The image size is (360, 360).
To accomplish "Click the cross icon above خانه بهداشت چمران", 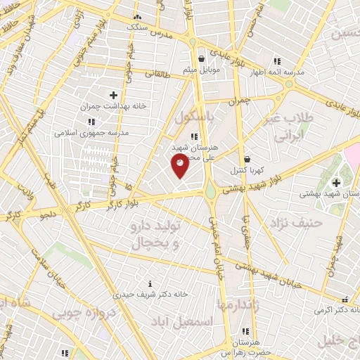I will [x=113, y=94].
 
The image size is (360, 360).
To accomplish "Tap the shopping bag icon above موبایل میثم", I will [x=202, y=59].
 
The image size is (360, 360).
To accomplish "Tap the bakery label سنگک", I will [x=136, y=27].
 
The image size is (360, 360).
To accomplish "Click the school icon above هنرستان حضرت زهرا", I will [x=245, y=331].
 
